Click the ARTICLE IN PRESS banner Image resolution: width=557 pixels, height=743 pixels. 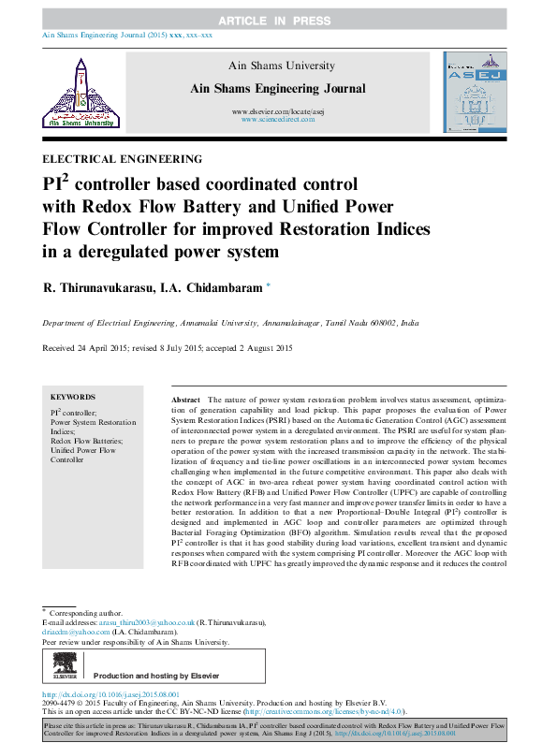click(278, 21)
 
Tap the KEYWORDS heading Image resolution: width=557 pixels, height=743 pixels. click(72, 397)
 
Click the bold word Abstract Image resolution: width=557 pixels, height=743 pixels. click(185, 400)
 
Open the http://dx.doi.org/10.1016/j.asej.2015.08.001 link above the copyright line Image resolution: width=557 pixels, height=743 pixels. click(110, 695)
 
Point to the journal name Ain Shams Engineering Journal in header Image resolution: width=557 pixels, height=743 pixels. click(278, 88)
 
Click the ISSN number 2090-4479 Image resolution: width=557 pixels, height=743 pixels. click(62, 704)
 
